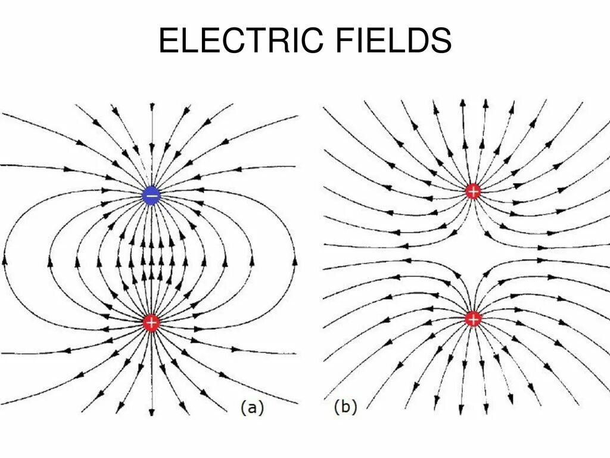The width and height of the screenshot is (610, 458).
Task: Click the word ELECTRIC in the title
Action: click(241, 41)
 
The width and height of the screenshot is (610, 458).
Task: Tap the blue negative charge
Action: click(151, 195)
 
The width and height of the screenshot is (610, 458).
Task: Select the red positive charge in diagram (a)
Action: click(151, 323)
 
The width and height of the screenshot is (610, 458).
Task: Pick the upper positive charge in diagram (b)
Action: click(474, 191)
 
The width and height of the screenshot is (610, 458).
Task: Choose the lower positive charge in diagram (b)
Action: click(474, 319)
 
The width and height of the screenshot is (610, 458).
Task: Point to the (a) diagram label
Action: click(251, 407)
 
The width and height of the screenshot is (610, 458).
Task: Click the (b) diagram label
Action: click(346, 407)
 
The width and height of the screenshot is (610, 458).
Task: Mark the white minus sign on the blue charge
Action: click(151, 195)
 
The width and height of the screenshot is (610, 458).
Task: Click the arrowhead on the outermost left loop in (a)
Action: click(5, 261)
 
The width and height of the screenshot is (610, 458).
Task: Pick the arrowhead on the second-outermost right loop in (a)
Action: click(253, 261)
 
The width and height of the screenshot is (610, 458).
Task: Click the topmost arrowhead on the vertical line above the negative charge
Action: click(152, 107)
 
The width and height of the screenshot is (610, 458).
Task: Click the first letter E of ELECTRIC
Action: click(169, 41)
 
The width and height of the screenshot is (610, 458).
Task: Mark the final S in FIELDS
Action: click(440, 41)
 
